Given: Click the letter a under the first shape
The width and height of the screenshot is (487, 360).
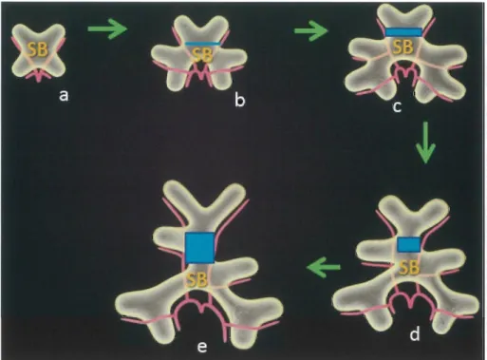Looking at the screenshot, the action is click(x=64, y=95).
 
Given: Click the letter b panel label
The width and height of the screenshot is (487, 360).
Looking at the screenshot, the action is click(x=240, y=101).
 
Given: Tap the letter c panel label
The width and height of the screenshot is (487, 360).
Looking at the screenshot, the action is click(x=397, y=107).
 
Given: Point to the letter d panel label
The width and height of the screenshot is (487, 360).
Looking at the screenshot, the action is click(x=415, y=334).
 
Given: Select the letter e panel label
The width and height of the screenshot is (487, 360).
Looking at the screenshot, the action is click(x=202, y=348).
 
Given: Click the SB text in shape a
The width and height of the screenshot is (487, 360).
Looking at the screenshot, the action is click(x=38, y=49).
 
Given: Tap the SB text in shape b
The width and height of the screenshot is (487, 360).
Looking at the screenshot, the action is click(x=202, y=56).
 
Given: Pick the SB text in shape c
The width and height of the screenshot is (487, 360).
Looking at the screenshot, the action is click(x=403, y=47).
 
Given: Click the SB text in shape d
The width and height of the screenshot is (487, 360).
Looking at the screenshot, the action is click(x=409, y=268).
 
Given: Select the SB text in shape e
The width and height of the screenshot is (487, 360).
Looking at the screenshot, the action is click(x=197, y=280).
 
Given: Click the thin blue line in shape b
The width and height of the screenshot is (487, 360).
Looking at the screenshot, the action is click(x=202, y=44).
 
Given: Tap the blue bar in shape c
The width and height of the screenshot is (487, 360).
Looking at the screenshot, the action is click(x=403, y=31).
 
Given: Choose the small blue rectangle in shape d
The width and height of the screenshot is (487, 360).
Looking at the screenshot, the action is click(x=409, y=244).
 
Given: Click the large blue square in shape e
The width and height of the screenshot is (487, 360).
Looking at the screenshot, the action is click(x=200, y=248).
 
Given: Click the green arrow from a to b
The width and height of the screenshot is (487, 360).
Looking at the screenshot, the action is click(x=107, y=29).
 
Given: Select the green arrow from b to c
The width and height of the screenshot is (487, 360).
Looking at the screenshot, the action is click(x=311, y=30).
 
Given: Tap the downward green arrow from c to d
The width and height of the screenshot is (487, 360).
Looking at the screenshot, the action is click(x=425, y=142).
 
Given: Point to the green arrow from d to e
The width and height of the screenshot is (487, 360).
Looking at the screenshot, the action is click(x=324, y=267).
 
